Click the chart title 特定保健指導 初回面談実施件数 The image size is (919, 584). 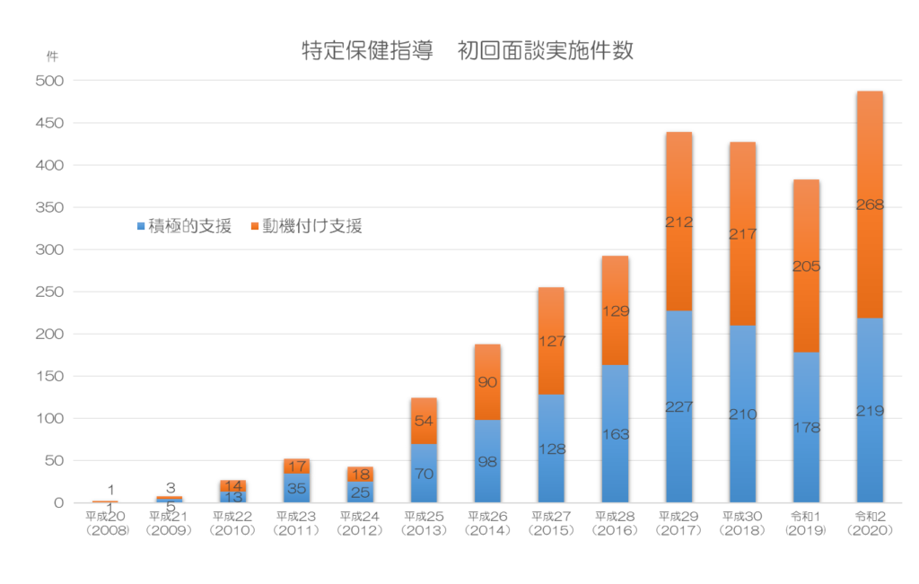click(x=468, y=50)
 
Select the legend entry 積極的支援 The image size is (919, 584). click(x=183, y=227)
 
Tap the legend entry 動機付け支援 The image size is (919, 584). click(x=306, y=227)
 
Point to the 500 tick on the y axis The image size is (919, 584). click(x=51, y=81)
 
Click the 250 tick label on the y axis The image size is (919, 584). click(x=51, y=292)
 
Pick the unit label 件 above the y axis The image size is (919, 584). click(x=51, y=55)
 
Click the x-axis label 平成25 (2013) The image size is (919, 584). click(x=424, y=523)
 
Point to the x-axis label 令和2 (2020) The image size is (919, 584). click(x=870, y=523)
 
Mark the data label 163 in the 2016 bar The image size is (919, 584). click(x=615, y=434)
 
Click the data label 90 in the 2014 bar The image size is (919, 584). click(x=487, y=382)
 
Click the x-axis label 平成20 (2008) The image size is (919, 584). click(x=107, y=523)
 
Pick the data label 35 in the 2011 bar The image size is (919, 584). click(x=296, y=489)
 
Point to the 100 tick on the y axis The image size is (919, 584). click(x=51, y=418)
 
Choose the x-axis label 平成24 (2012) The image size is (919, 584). click(x=360, y=523)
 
